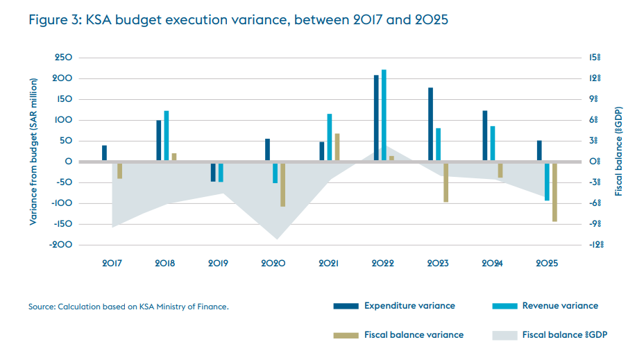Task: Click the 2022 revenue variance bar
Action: click(384, 115)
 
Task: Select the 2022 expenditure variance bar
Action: click(376, 118)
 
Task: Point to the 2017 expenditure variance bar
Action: click(104, 153)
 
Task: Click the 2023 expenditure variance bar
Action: click(431, 125)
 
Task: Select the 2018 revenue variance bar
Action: click(167, 136)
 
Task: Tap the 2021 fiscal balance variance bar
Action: click(337, 147)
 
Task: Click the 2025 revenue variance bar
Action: click(548, 181)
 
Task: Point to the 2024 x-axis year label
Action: click(493, 264)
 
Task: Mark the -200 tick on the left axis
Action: click(61, 245)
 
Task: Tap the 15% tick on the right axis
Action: click(595, 58)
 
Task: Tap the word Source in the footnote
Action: click(41, 306)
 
